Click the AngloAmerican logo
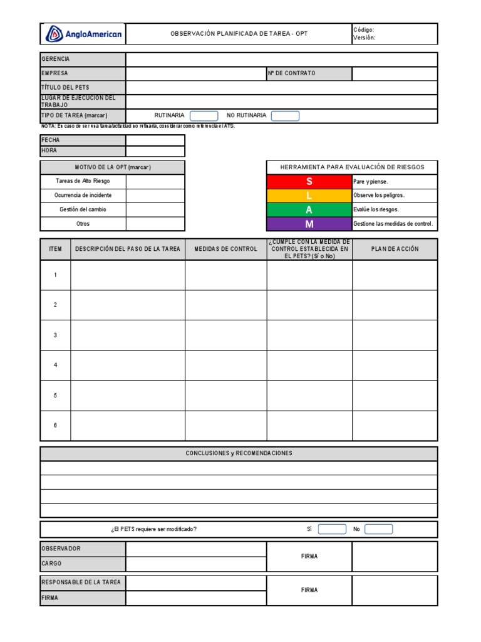(83, 34)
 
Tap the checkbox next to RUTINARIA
(204, 116)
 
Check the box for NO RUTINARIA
(285, 116)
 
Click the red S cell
(309, 181)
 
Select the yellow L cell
(309, 196)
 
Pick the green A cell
(309, 210)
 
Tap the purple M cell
(309, 224)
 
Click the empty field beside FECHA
(155, 140)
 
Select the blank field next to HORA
(155, 151)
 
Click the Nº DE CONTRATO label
(292, 73)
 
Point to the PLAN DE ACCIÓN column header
(395, 249)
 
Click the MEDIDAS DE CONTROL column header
(225, 249)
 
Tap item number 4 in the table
(55, 365)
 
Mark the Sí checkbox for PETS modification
(331, 529)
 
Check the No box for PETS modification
(378, 529)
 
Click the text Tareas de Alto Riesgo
(83, 181)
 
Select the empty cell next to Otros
(155, 224)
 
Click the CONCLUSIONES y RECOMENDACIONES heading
(239, 453)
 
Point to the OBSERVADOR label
(61, 549)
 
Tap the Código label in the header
(364, 29)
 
